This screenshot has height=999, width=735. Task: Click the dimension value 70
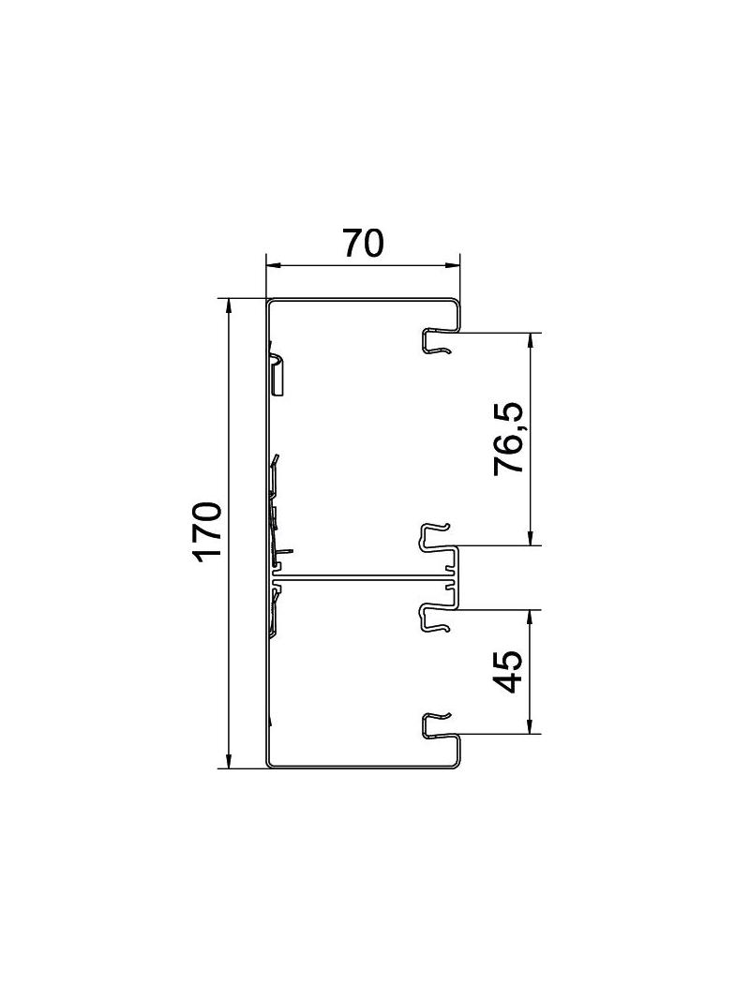point(364,243)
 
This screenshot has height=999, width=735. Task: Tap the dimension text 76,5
point(509,439)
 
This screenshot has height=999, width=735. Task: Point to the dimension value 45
point(509,672)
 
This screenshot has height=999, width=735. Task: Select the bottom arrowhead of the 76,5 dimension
point(531,538)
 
